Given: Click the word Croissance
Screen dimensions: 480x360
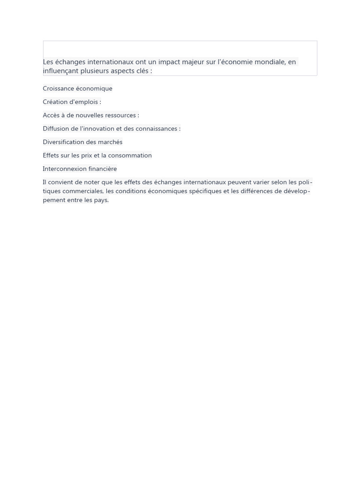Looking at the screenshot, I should coord(58,89).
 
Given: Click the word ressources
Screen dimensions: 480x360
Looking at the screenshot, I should coord(121,115).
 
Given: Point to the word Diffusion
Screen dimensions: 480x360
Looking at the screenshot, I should coord(56,128).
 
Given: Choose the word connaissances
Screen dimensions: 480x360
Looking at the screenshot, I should coord(156,128).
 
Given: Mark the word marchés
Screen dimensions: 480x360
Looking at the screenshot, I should coord(111,142).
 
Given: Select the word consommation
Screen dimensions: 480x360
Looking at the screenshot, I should coord(130,156).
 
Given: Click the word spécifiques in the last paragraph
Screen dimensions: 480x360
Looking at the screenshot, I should coord(205,191).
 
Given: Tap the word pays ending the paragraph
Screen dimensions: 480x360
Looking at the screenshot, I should coord(101,200).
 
